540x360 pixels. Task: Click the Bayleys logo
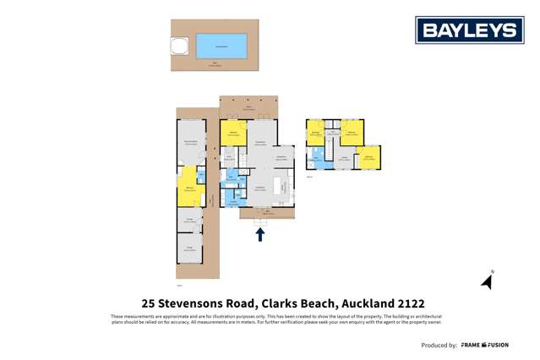[x=469, y=30]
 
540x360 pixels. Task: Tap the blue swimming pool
[x=221, y=45]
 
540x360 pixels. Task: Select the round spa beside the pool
[x=179, y=46]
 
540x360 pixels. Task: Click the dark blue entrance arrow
[x=260, y=234]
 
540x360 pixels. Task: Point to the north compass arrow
[x=488, y=281]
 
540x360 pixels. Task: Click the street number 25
[x=149, y=303]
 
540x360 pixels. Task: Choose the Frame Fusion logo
[x=484, y=345]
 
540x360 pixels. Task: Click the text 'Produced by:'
[x=439, y=345]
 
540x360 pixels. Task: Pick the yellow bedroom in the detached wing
[x=188, y=183]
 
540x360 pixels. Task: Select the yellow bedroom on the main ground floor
[x=232, y=133]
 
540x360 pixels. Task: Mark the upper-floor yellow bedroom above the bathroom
[x=316, y=133]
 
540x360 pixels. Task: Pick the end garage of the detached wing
[x=189, y=248]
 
